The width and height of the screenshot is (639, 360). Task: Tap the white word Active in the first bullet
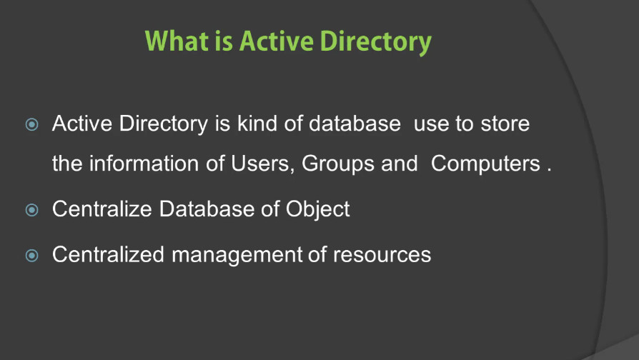(x=82, y=123)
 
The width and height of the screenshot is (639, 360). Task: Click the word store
(x=505, y=124)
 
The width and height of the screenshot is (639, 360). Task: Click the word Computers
(x=485, y=164)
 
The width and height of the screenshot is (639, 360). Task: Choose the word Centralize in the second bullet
(x=102, y=209)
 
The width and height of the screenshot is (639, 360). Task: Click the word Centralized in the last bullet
(x=108, y=254)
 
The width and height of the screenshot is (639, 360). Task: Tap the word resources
(x=382, y=255)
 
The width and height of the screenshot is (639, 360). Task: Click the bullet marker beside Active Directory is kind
(x=31, y=124)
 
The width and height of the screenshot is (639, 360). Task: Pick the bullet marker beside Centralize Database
(x=31, y=210)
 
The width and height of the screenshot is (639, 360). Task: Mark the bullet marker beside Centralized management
(x=31, y=256)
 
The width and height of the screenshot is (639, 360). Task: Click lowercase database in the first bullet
(x=355, y=123)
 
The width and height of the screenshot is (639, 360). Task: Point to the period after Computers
(x=549, y=170)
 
